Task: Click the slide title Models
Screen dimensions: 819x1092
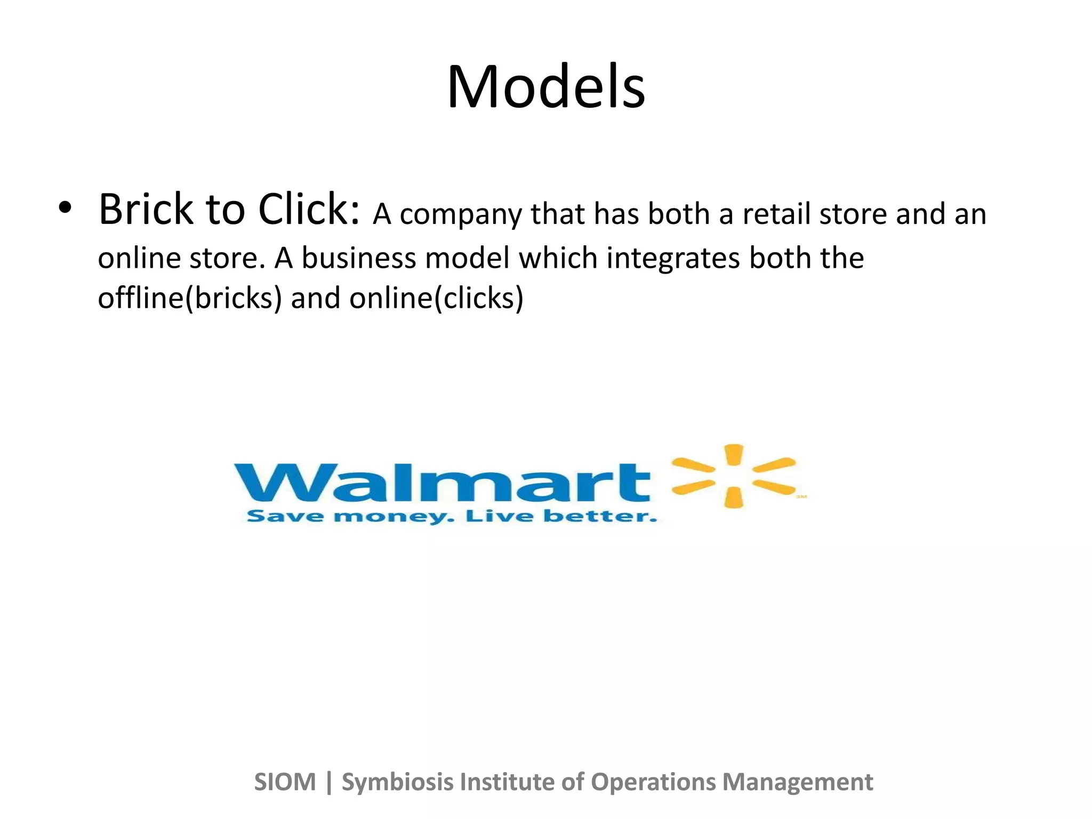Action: pos(546,86)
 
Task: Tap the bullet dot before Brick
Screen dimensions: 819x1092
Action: pos(65,208)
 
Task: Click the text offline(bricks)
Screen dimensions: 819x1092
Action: pos(189,298)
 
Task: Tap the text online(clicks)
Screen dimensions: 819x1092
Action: pos(436,298)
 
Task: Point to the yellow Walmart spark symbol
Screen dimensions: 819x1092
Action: pos(734,476)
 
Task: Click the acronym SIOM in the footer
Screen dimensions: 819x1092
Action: pos(285,782)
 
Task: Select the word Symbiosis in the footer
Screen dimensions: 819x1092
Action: pos(397,782)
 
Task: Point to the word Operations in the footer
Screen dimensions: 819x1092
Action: pos(653,782)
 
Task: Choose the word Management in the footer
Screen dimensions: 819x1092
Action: pos(797,782)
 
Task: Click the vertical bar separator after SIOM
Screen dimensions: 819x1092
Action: pos(329,782)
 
